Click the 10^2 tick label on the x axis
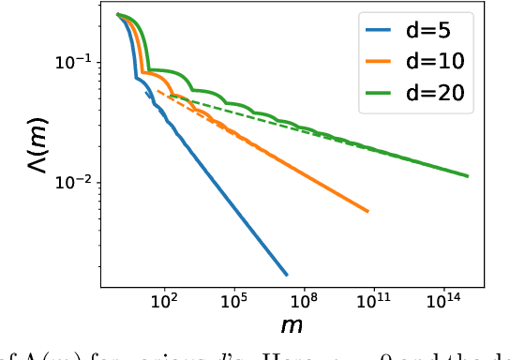(x=164, y=304)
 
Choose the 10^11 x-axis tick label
(x=374, y=304)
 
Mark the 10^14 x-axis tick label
(x=443, y=304)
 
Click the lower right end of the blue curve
(x=286, y=275)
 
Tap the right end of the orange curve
(x=367, y=211)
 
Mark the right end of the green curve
(x=467, y=175)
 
